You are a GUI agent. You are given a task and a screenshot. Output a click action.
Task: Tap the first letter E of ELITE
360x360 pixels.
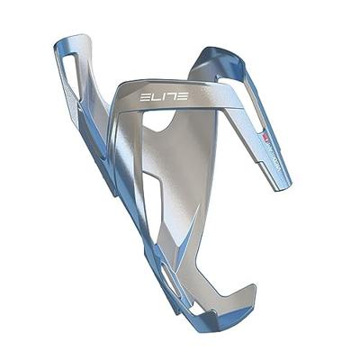point(145,94)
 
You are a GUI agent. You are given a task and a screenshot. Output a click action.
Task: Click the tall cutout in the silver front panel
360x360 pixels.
point(153,193)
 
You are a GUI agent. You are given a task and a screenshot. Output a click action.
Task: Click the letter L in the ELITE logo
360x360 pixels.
point(154,94)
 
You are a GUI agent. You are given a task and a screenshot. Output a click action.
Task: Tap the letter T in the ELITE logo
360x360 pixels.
point(170,94)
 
